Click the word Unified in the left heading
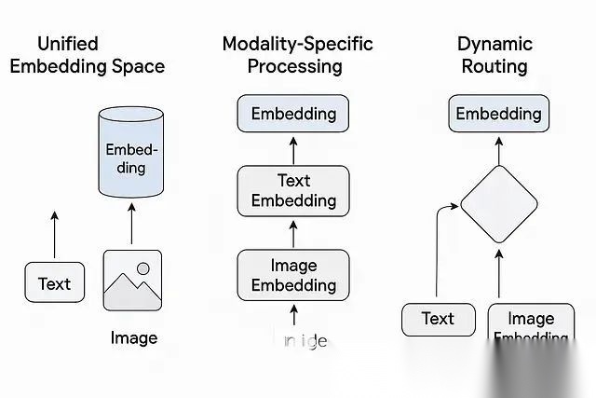(x=68, y=44)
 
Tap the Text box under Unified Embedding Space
(x=54, y=283)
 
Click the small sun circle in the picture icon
(x=142, y=268)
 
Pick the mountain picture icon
(x=133, y=280)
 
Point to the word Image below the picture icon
(x=133, y=337)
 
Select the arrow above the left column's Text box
(x=54, y=235)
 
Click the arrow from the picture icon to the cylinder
(x=132, y=224)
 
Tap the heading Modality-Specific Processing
(x=297, y=54)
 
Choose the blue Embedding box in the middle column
(x=293, y=115)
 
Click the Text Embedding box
(x=293, y=190)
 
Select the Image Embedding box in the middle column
(x=293, y=275)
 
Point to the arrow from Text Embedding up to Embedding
(x=293, y=149)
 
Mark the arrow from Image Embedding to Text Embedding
(x=293, y=231)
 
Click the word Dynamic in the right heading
(x=494, y=44)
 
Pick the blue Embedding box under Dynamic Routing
(x=497, y=115)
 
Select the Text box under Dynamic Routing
(x=437, y=319)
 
